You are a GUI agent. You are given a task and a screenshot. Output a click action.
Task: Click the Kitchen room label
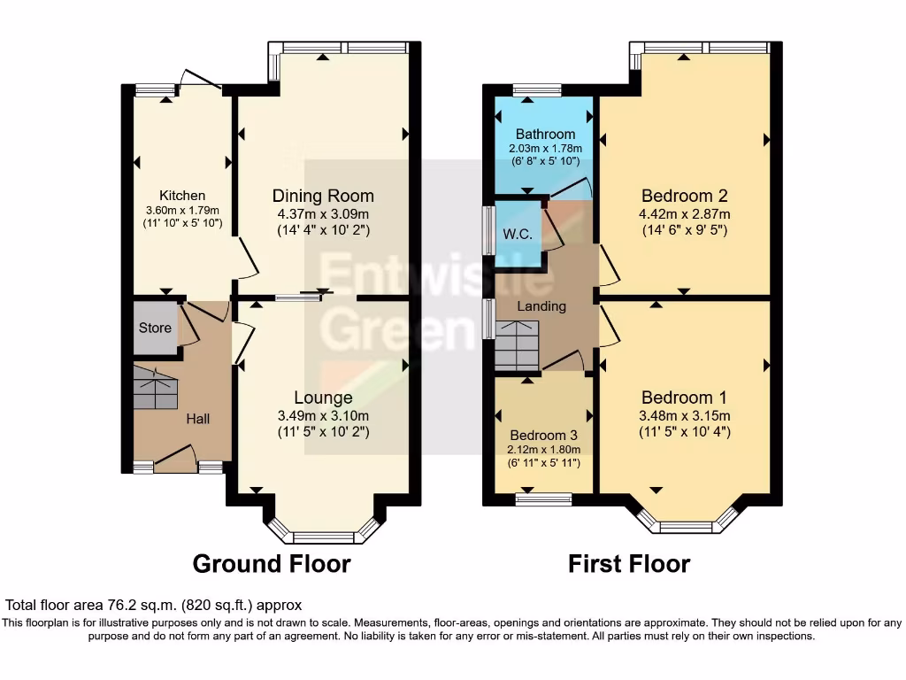tap(182, 196)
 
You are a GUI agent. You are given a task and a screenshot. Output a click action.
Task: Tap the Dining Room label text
tap(323, 196)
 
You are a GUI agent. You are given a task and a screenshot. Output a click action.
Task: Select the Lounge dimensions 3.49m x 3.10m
tap(323, 415)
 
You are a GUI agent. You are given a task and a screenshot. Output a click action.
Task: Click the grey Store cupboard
tap(155, 328)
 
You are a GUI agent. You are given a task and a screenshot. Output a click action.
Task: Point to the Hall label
tap(197, 418)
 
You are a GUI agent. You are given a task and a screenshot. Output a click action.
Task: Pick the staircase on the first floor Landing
tap(516, 345)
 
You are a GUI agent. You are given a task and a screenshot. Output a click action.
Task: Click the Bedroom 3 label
tap(543, 435)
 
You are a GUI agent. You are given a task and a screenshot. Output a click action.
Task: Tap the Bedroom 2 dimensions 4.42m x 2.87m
tap(686, 213)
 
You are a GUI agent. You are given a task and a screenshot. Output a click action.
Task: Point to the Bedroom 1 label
tap(686, 397)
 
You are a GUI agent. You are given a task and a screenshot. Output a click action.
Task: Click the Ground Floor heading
tap(272, 563)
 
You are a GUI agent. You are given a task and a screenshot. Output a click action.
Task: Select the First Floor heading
tap(629, 563)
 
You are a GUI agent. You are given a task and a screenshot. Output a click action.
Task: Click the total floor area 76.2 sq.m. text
tap(154, 606)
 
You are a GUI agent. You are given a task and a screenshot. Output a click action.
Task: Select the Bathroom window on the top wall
tap(537, 89)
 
